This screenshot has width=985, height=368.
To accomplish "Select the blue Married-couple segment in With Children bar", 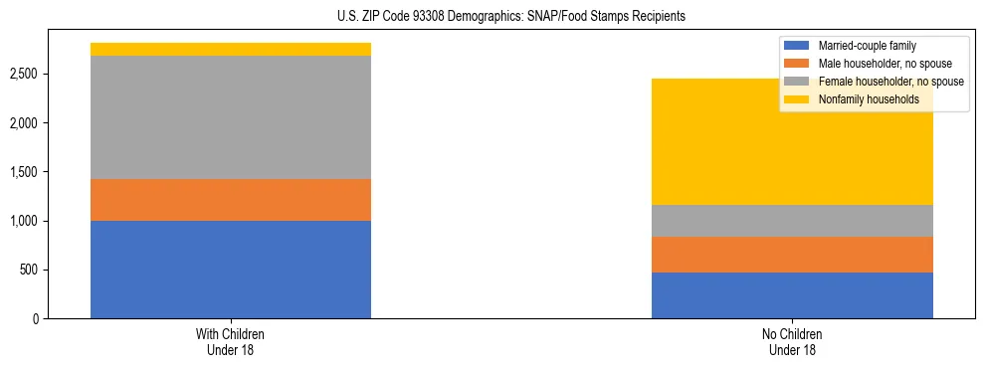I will [x=231, y=270].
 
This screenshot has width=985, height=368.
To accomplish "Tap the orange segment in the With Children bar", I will [x=231, y=200].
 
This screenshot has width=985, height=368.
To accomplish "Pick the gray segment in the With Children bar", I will [x=231, y=117].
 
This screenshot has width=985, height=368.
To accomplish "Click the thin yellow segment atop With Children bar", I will [x=231, y=50].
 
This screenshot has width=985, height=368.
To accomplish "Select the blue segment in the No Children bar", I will [x=792, y=295].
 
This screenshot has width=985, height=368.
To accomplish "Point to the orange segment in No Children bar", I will [x=792, y=255].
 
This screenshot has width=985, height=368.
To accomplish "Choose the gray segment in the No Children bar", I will [x=792, y=221].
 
